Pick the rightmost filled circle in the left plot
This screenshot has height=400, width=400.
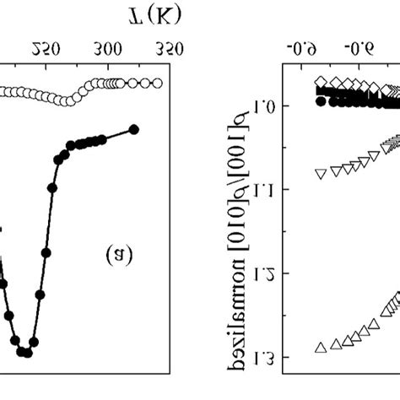point(133,129)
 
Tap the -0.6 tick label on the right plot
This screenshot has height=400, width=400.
point(303,48)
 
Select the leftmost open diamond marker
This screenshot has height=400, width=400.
point(320,82)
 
